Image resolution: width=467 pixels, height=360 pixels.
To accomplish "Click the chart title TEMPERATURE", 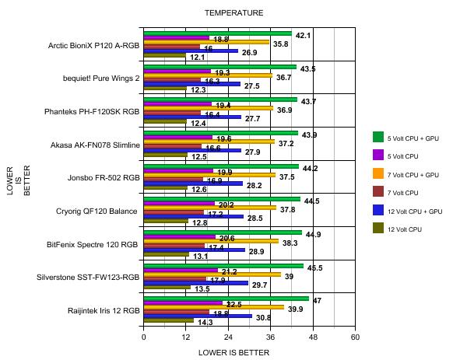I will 233,12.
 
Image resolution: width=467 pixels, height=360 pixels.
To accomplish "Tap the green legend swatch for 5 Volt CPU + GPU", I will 378,137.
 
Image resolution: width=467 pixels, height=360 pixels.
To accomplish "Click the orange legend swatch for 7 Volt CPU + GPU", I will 378,173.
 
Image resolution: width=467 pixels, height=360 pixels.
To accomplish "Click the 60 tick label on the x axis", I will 355,337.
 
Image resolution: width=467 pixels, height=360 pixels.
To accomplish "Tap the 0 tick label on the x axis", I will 144,337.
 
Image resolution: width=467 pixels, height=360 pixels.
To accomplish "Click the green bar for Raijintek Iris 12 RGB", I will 226,298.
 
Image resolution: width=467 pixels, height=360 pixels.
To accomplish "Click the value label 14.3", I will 206,323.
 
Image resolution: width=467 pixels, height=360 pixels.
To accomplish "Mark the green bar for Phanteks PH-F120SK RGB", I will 220,100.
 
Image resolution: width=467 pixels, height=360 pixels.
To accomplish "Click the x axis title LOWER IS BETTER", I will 233,351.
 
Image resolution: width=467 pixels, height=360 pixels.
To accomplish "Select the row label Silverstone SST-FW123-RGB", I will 93,277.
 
